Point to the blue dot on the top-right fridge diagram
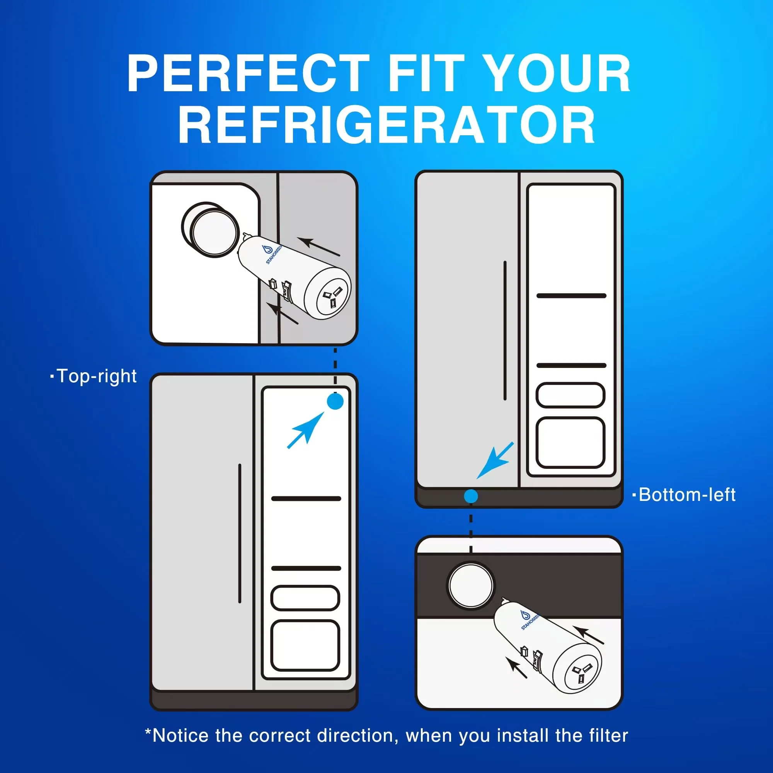pos(335,401)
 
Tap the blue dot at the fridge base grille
pos(471,497)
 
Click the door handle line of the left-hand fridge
pos(240,533)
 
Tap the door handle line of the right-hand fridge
pos(505,330)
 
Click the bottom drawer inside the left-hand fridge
pos(305,645)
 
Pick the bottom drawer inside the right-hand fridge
pos(570,443)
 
